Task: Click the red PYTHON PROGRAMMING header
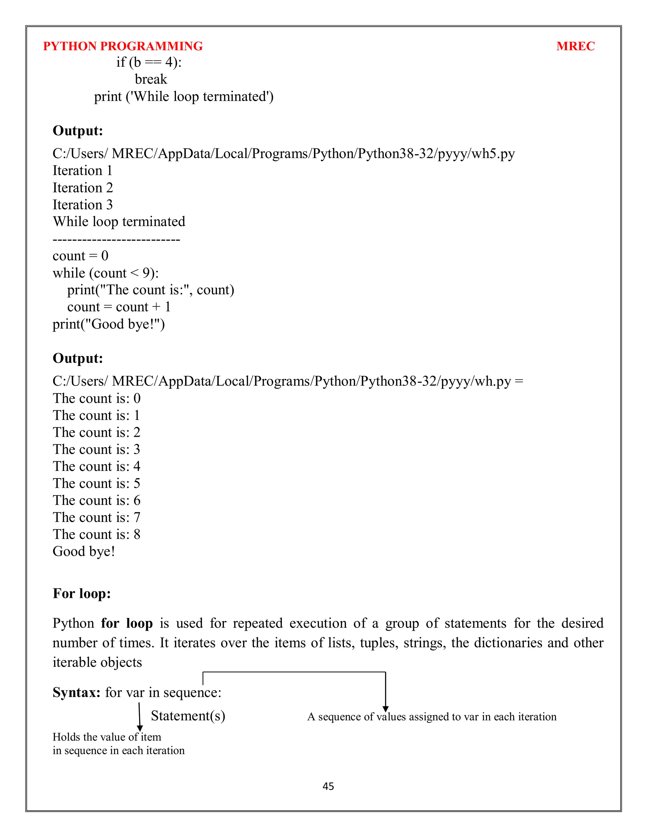point(123,46)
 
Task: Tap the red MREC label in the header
point(575,46)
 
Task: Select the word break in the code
point(151,79)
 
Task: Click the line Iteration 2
point(83,188)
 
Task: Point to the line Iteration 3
point(83,205)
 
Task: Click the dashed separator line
point(116,240)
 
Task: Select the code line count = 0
point(81,256)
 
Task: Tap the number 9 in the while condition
point(146,273)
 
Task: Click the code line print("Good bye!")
point(108,324)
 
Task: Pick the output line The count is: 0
point(97,399)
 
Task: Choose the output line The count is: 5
point(97,484)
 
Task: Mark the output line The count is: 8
point(97,535)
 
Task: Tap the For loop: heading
point(82,594)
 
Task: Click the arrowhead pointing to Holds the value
point(140,728)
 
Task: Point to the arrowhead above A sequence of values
point(386,709)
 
